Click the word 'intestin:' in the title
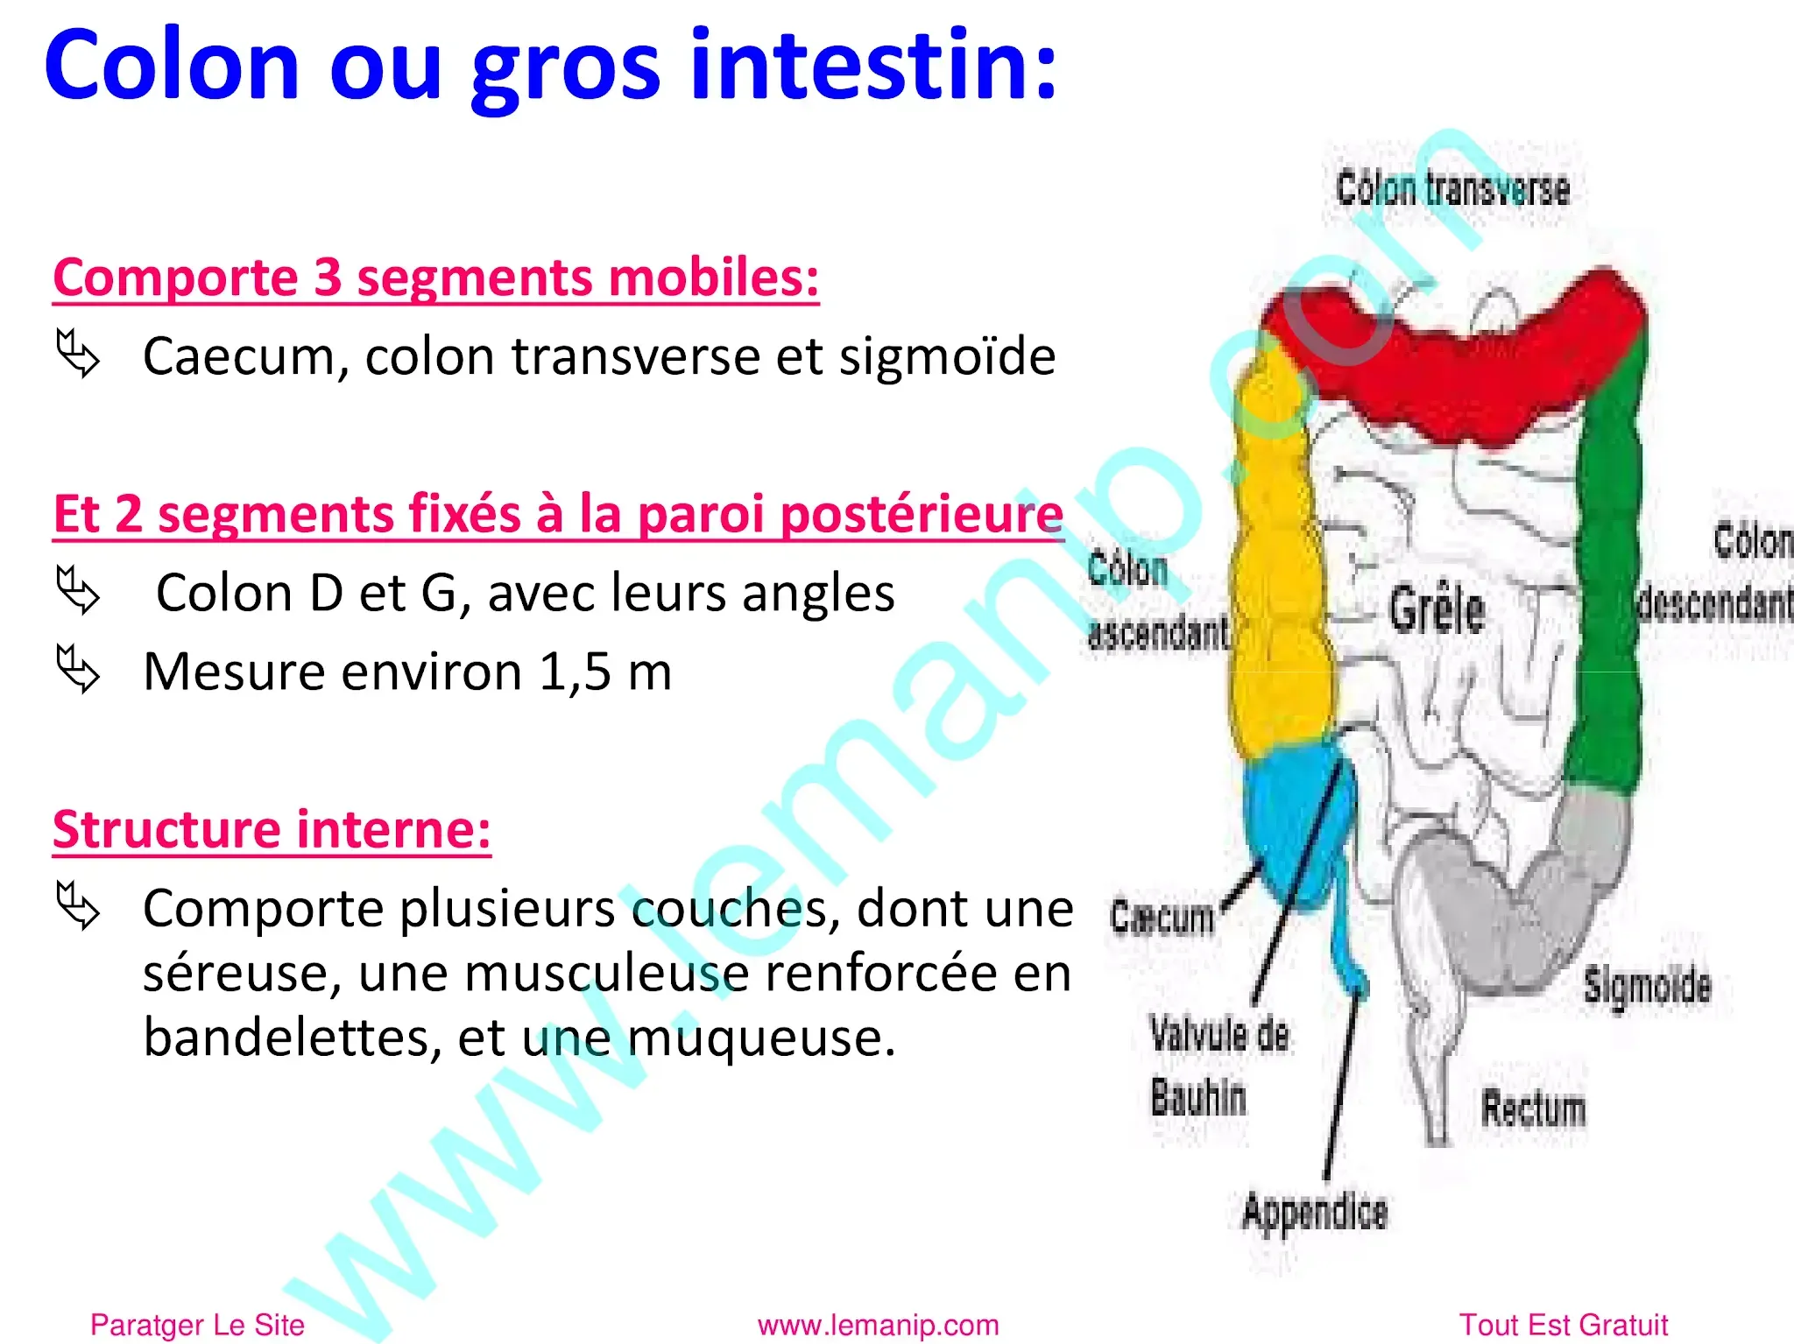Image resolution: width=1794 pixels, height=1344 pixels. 874,66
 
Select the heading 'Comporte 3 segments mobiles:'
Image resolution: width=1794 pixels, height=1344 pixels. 435,278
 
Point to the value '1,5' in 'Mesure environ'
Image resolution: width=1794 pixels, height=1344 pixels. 575,672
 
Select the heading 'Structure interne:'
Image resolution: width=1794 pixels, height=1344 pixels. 272,829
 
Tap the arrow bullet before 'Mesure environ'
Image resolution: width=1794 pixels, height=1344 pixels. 78,670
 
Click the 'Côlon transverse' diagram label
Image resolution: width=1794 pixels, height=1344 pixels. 1452,189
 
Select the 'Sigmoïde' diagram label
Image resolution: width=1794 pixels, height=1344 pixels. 1647,986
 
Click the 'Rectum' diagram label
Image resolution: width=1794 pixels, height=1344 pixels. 1533,1108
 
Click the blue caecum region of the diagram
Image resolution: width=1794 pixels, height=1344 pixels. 1292,823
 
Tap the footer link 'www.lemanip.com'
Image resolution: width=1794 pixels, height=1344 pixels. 878,1325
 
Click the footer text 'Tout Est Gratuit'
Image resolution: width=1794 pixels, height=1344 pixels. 1563,1325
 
